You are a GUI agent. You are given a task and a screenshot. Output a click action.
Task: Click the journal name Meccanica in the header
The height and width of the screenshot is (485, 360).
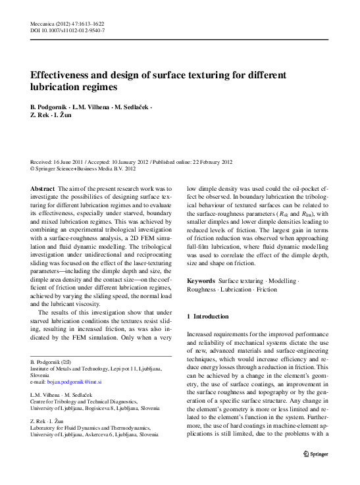coord(44,22)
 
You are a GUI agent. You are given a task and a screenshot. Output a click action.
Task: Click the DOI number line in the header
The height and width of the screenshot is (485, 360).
coord(68,30)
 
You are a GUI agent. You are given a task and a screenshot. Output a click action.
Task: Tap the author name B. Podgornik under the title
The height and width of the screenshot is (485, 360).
coord(49,107)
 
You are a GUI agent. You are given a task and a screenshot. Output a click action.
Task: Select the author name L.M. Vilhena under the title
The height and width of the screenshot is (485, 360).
coord(90,107)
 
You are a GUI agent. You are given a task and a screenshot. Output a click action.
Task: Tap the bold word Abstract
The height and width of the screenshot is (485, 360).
coord(43,188)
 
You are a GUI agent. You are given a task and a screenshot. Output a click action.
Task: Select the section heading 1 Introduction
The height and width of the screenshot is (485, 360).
coord(210,316)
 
